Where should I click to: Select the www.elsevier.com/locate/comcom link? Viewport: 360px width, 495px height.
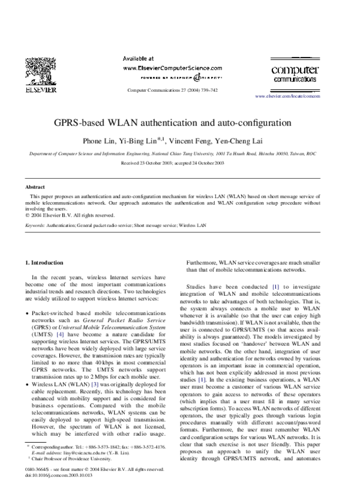tap(287, 96)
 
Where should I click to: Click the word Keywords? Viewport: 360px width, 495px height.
tap(37, 225)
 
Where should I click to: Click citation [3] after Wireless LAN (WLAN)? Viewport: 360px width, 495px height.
tap(94, 383)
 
